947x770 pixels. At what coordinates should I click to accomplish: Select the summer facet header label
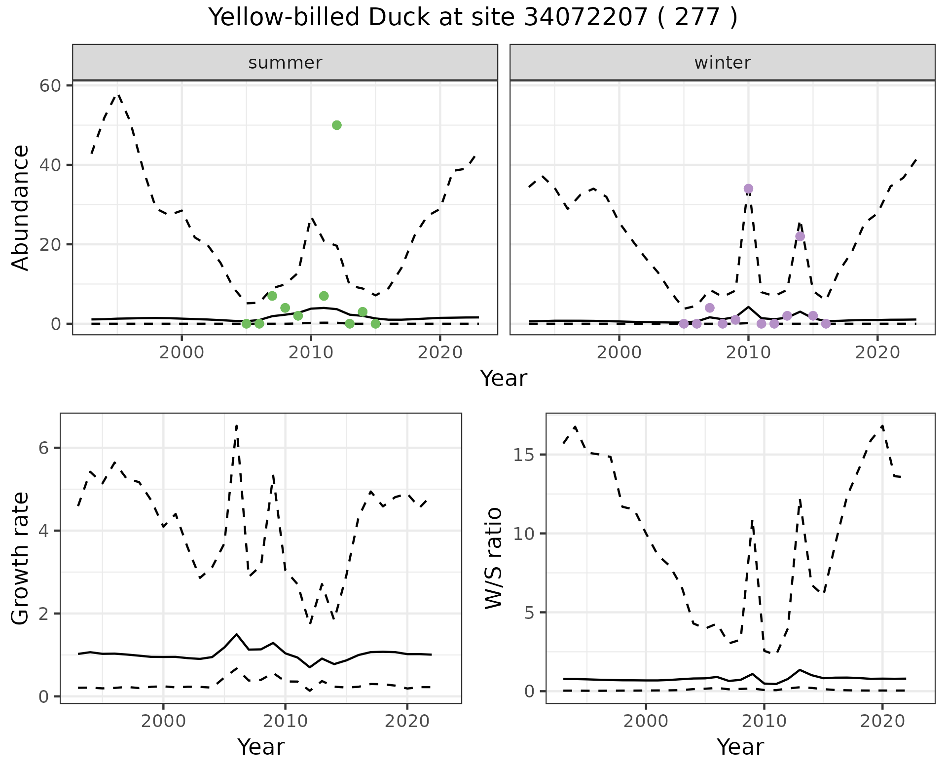click(x=285, y=63)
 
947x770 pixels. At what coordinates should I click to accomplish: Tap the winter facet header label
click(x=722, y=63)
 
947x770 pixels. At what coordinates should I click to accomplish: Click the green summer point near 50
click(x=337, y=125)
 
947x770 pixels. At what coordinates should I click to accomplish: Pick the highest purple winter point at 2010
click(x=748, y=189)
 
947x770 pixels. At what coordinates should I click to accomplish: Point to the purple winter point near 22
click(x=800, y=236)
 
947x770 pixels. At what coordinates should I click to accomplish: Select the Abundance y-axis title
click(x=21, y=208)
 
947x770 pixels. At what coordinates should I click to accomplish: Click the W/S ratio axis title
click(x=493, y=558)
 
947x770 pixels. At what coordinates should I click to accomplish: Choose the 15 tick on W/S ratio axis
click(x=524, y=455)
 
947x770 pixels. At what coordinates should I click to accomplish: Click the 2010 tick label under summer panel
click(x=311, y=352)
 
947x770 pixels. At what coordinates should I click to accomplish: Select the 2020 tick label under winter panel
click(x=877, y=352)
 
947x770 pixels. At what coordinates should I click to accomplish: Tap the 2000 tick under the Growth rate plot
click(x=163, y=721)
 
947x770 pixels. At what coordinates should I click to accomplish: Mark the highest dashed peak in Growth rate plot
click(x=237, y=425)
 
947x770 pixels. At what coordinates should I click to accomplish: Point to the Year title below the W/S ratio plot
click(x=740, y=747)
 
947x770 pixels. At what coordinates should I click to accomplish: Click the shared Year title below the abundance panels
click(x=503, y=379)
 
